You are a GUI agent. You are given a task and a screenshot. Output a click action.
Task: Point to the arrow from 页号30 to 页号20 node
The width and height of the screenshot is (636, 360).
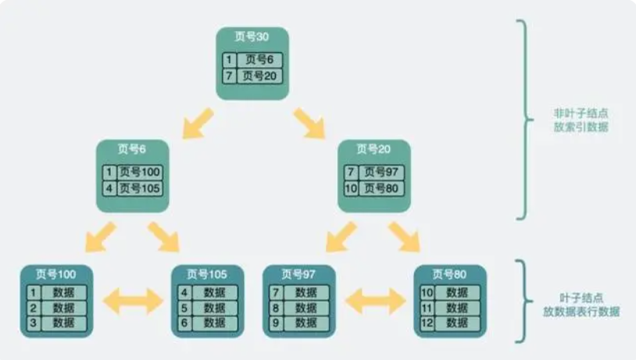pyautogui.click(x=310, y=123)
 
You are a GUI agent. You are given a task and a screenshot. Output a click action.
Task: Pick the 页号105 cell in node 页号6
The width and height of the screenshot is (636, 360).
pyautogui.click(x=141, y=188)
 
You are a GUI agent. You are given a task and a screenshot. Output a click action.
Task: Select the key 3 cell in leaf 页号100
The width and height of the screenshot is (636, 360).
pyautogui.click(x=34, y=323)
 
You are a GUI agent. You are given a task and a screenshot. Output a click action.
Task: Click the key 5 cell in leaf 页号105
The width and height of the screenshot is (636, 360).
pyautogui.click(x=185, y=308)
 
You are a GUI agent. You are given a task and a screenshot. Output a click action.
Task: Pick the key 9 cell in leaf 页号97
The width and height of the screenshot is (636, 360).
pyautogui.click(x=276, y=323)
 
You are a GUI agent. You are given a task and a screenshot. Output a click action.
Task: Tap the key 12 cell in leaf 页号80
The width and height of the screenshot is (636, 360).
pyautogui.click(x=428, y=323)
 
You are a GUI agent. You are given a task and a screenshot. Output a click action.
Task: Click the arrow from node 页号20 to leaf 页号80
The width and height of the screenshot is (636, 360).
pyautogui.click(x=405, y=237)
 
